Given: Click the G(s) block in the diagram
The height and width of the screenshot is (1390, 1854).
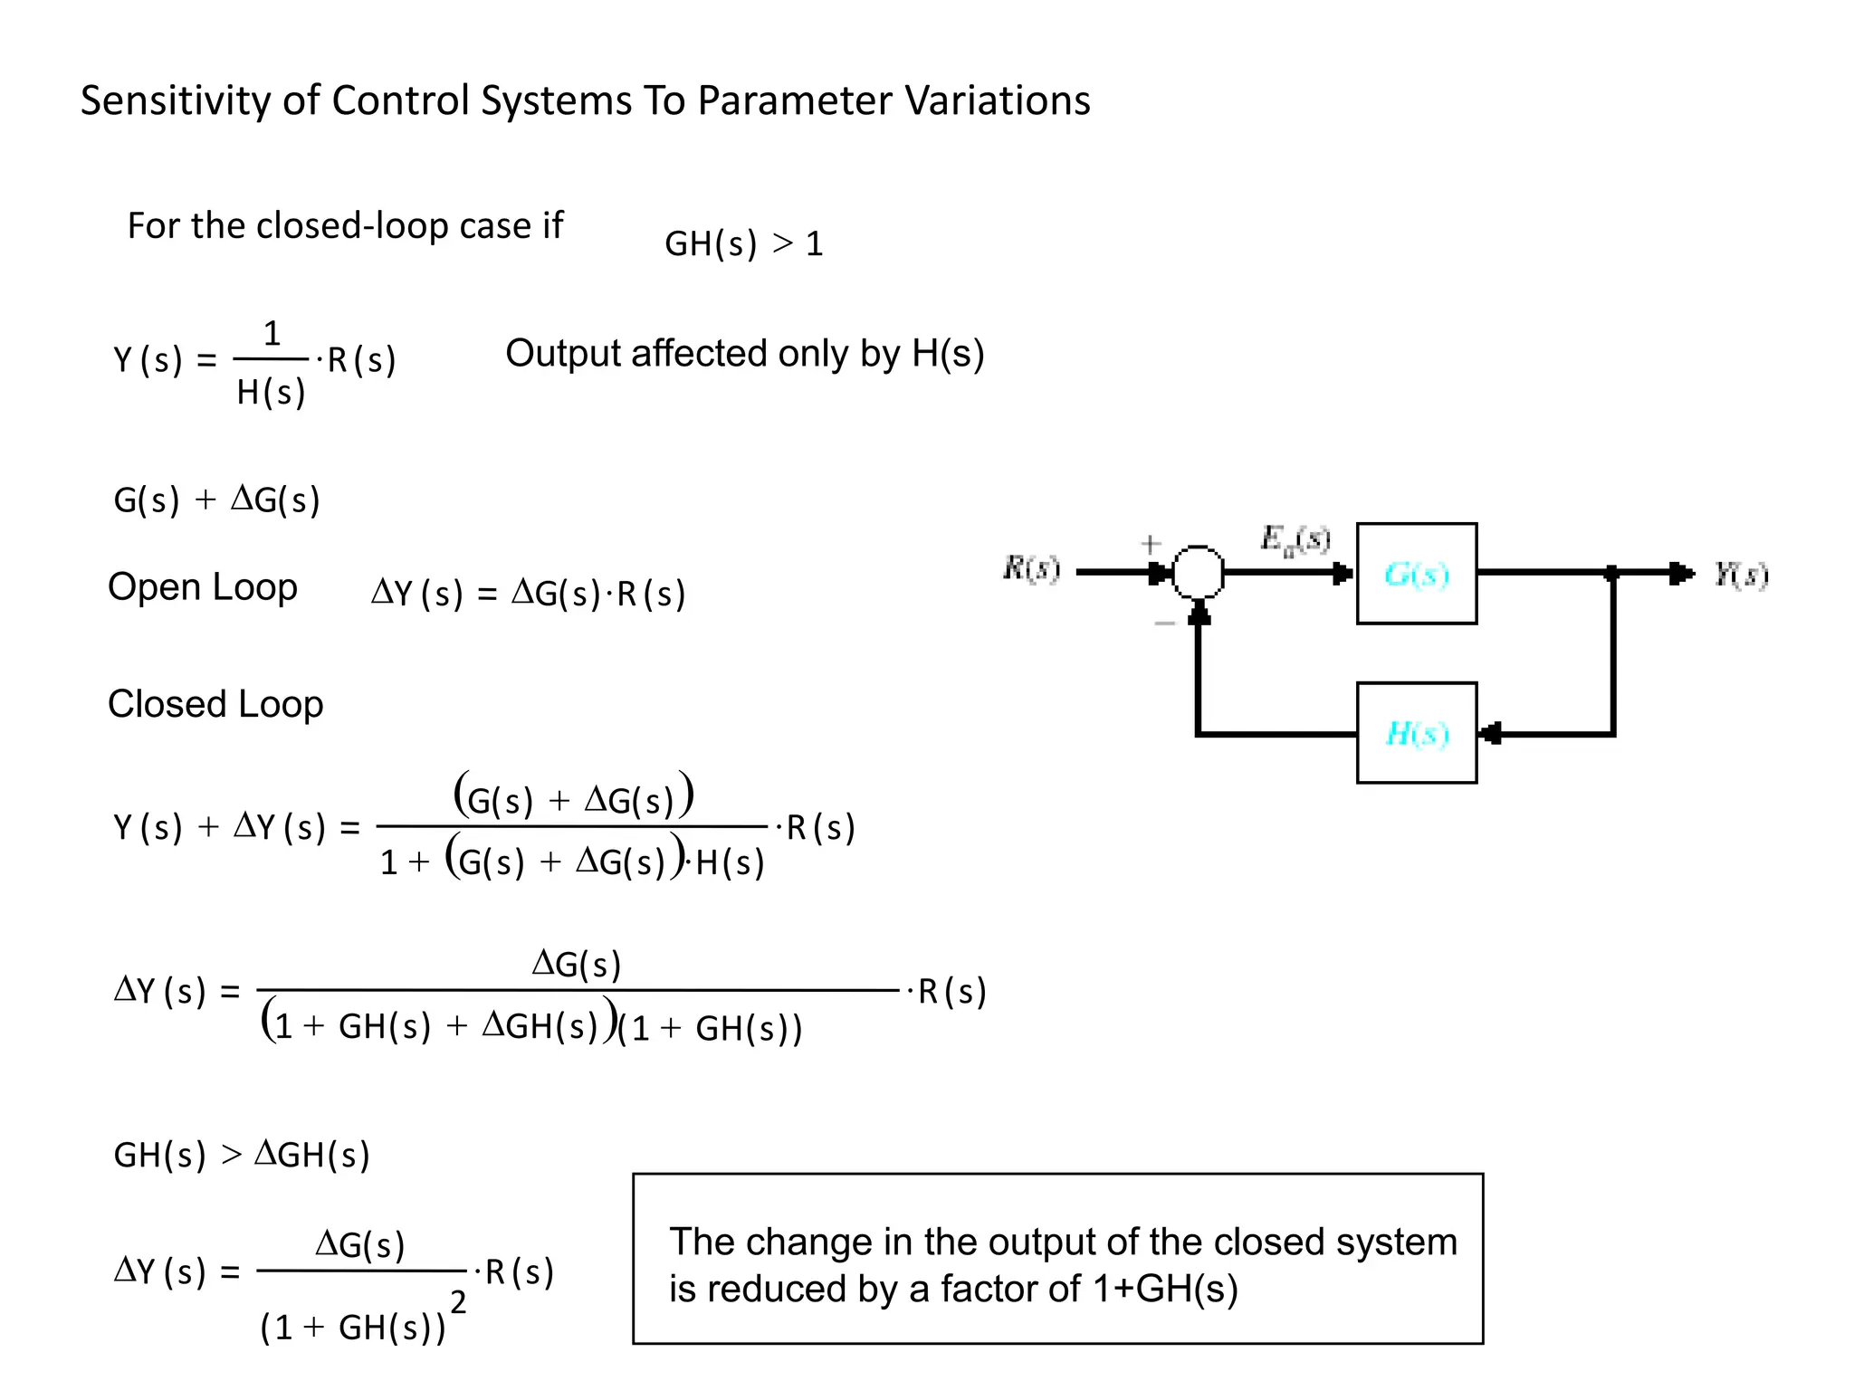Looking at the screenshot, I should [1416, 574].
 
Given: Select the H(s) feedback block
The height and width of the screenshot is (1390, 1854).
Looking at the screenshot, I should [1416, 733].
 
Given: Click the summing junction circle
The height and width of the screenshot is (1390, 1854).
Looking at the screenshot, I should [1198, 572].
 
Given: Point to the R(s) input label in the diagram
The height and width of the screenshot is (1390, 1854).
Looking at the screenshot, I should [1031, 568].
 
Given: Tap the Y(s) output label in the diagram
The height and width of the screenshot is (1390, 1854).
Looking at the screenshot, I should [1740, 574].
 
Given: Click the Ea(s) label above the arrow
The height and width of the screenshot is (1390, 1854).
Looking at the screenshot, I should [1295, 539].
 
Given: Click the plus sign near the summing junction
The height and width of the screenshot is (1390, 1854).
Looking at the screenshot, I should [1150, 544].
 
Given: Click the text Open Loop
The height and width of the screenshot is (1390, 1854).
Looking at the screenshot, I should [202, 587].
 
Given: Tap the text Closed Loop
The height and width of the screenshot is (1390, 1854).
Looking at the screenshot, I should [215, 704].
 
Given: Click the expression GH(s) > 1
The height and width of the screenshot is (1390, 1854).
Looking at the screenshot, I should [743, 243].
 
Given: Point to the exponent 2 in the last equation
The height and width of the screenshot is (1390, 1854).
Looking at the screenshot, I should [458, 1302].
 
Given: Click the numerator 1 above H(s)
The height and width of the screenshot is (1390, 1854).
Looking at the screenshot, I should [272, 334].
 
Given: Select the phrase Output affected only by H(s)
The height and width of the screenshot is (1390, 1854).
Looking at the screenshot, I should [744, 353].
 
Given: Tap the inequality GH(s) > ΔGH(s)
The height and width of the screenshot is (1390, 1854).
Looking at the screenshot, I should [242, 1155].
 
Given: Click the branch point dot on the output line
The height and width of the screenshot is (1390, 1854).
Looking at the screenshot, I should [1611, 573].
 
